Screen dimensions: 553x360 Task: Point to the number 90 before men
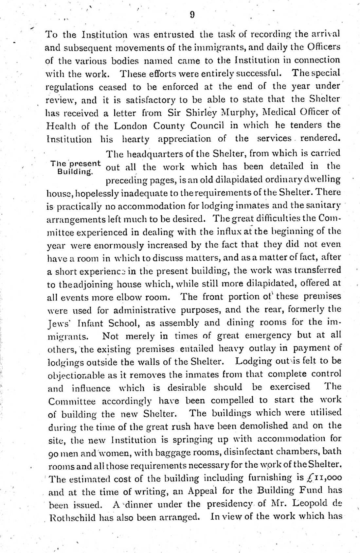pyautogui.click(x=54, y=452)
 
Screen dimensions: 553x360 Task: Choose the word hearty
pyautogui.click(x=135, y=139)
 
